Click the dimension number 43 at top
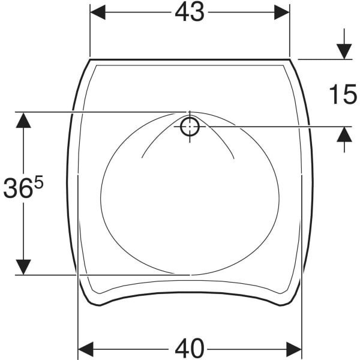point(190,13)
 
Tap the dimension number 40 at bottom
point(190,349)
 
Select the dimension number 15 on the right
point(343,94)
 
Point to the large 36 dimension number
point(17,188)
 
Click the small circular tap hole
point(190,126)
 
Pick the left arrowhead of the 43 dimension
point(98,12)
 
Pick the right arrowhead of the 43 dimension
point(282,12)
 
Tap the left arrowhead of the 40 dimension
point(86,349)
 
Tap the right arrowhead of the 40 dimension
point(294,349)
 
